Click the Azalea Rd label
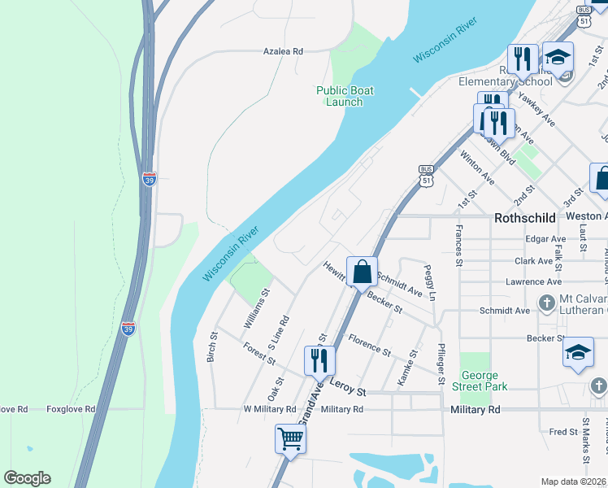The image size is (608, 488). tap(282, 51)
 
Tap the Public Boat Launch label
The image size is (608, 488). tap(345, 96)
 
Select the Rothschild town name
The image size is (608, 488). tap(526, 218)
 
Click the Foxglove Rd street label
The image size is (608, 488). tap(71, 409)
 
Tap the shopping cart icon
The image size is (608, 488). tap(290, 438)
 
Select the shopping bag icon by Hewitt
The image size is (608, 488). tap(362, 271)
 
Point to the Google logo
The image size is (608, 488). tap(27, 478)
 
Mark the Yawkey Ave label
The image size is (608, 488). tap(536, 111)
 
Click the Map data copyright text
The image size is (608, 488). tap(574, 481)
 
